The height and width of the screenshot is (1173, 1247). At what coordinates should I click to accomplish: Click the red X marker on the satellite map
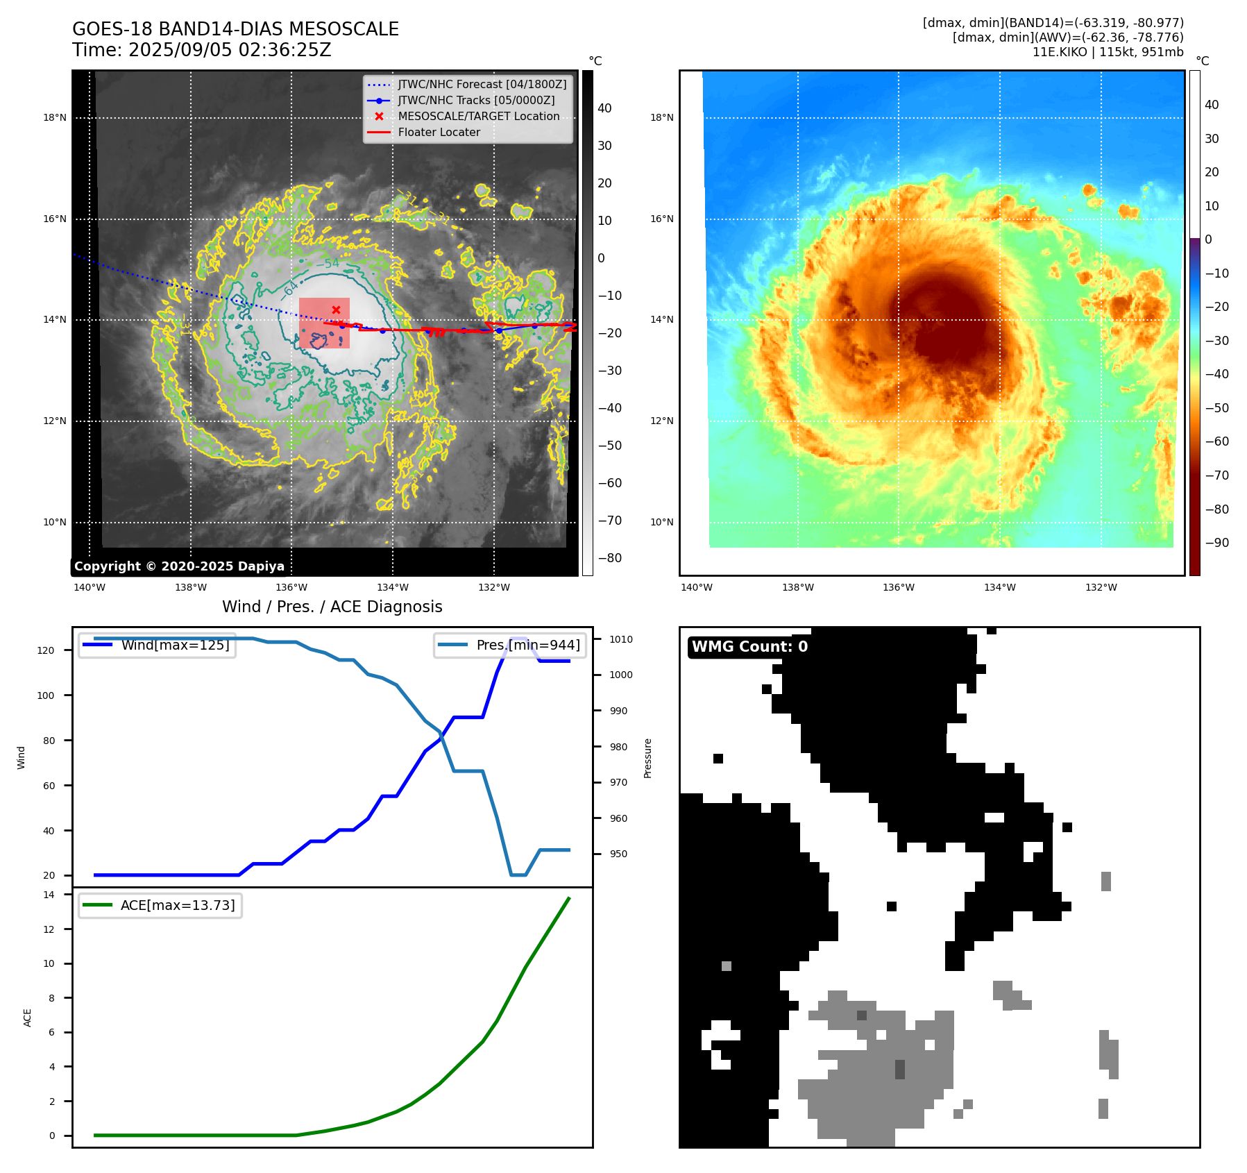[x=336, y=310]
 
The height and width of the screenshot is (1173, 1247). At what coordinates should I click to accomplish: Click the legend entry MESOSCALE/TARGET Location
[x=478, y=117]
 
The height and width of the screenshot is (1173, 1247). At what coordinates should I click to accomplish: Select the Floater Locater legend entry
[x=439, y=133]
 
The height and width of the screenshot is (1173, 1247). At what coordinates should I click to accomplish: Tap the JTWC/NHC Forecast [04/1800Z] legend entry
[x=482, y=85]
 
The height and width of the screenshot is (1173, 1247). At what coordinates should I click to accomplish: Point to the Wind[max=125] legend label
[x=175, y=645]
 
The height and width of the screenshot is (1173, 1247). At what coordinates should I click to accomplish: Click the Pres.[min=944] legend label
[x=527, y=645]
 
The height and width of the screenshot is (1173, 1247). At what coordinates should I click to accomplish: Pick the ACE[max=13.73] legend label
[x=178, y=906]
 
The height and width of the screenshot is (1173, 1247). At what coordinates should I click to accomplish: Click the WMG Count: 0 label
[x=749, y=647]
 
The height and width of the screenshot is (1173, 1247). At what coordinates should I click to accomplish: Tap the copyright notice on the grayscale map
[x=179, y=566]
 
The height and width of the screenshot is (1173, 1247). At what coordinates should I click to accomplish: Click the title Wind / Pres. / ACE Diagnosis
[x=332, y=607]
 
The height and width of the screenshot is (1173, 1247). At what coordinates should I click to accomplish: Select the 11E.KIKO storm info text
[x=1108, y=52]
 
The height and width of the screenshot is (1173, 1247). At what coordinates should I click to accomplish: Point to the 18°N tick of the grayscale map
[x=55, y=118]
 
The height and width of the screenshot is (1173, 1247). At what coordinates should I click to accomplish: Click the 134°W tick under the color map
[x=999, y=588]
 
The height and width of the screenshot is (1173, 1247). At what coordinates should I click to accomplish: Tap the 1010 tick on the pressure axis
[x=621, y=639]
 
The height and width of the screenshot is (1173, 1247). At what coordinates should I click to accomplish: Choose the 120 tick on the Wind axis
[x=46, y=650]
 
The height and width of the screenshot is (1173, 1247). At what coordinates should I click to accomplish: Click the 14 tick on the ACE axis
[x=49, y=895]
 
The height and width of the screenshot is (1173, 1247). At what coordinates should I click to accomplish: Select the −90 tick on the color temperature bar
[x=1216, y=543]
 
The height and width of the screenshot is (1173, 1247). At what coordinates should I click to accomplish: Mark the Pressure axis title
[x=648, y=758]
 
